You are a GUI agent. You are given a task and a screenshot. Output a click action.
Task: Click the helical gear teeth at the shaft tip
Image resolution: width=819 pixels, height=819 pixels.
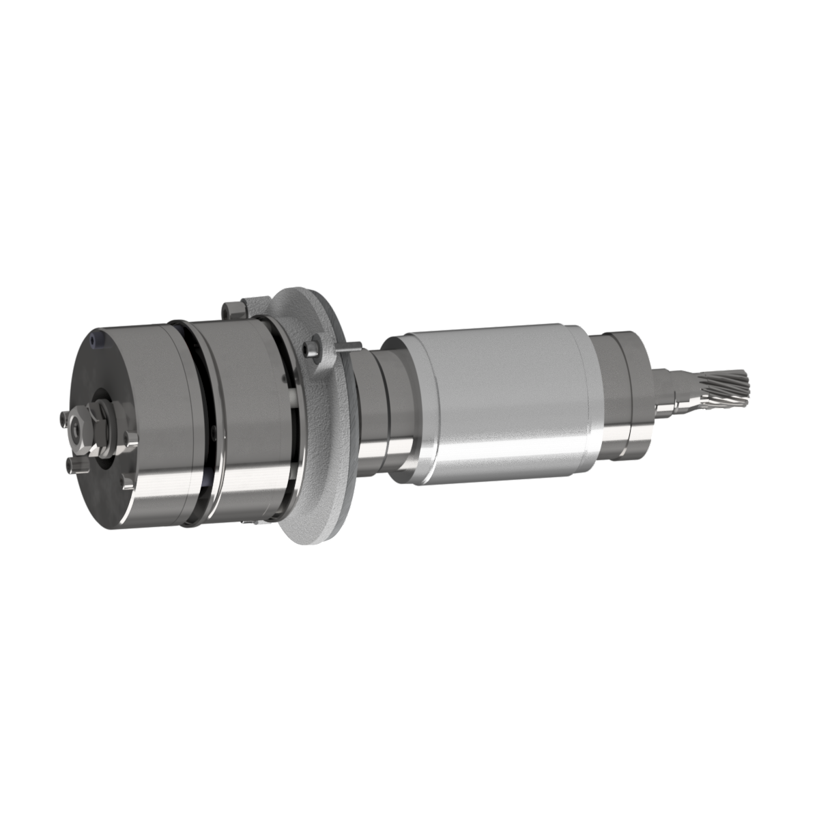click(x=726, y=388)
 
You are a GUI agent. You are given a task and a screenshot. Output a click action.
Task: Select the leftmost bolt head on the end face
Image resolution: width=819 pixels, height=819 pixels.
click(x=63, y=418)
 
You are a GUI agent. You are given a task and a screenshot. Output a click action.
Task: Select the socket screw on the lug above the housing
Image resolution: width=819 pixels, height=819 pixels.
click(x=233, y=308)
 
